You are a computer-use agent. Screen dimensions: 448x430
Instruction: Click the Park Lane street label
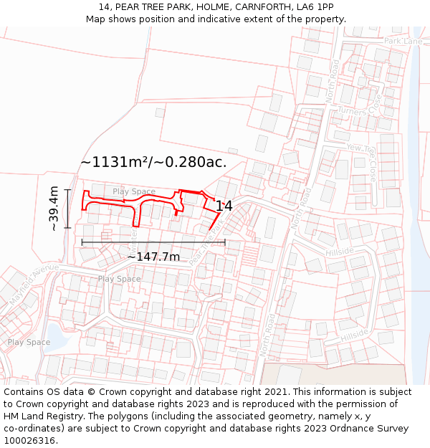pos(403,42)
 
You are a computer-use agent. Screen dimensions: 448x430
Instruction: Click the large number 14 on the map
pos(224,206)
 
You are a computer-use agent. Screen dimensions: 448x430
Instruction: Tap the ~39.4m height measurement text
pos(54,209)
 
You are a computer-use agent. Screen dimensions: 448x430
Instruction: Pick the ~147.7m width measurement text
pos(153,257)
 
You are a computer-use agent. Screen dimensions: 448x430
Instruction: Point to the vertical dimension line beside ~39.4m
pos(67,209)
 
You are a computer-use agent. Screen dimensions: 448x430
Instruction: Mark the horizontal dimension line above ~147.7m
pos(153,242)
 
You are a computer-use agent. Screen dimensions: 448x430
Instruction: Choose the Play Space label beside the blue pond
pos(29,342)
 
